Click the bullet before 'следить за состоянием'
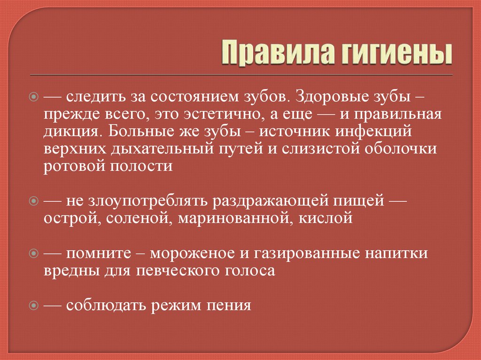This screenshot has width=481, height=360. [33, 97]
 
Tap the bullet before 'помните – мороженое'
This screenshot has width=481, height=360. [33, 253]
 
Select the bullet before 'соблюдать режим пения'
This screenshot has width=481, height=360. [33, 306]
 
